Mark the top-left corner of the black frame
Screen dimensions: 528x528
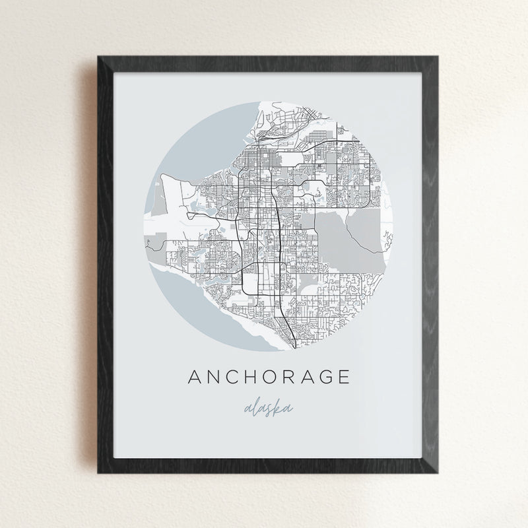(98, 57)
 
